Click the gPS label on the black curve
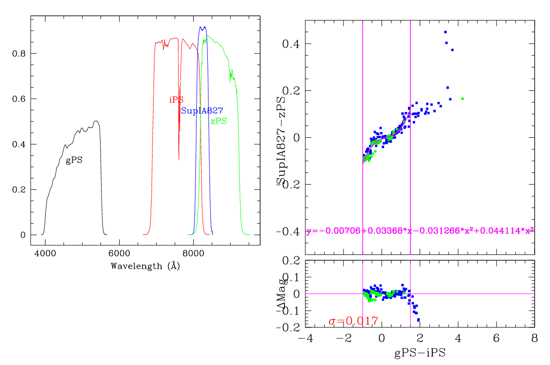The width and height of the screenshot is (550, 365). point(74,161)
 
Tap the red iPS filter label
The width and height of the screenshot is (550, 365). point(176,100)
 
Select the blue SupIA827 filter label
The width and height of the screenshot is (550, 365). point(202,111)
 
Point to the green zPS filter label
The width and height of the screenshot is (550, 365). point(219,122)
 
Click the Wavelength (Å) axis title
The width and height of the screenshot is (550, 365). point(145,266)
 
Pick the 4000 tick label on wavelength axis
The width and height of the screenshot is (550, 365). point(45,254)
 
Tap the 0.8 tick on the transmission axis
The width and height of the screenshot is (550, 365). point(19,53)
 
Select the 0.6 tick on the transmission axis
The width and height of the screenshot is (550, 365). point(19,99)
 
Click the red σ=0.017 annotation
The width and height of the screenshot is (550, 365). point(353,321)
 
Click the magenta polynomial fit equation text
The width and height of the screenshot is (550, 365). point(419,231)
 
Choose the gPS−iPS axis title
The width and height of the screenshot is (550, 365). point(419,354)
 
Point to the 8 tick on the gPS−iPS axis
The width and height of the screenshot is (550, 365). point(534,338)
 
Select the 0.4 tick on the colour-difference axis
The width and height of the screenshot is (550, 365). point(291,44)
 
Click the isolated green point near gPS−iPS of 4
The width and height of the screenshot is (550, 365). point(462,99)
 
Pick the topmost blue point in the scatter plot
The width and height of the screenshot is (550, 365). point(445,32)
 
